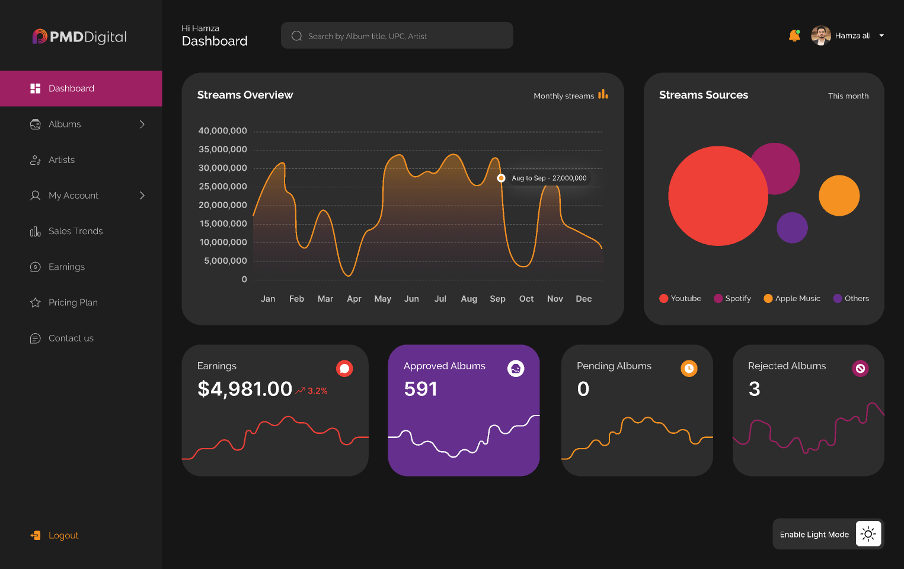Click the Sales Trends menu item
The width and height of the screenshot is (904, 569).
(75, 231)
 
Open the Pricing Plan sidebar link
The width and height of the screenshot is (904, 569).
(72, 302)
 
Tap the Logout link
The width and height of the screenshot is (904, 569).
(63, 535)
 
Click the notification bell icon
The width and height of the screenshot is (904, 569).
(794, 36)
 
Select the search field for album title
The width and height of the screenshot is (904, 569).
(397, 36)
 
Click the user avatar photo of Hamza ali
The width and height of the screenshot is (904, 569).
(820, 36)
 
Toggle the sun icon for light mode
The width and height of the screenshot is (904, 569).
(868, 534)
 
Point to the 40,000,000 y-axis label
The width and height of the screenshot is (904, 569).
(222, 130)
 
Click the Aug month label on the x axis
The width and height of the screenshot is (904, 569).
(469, 299)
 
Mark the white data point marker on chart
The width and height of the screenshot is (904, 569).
(501, 178)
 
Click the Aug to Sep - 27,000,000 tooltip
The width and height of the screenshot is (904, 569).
(549, 178)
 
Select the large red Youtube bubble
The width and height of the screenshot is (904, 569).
(717, 196)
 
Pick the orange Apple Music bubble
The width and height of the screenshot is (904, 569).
(839, 196)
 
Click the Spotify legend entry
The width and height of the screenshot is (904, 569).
(733, 298)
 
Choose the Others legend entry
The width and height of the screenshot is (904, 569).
(851, 298)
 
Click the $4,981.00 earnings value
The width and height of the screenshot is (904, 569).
(244, 389)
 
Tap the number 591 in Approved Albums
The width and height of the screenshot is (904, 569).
(420, 389)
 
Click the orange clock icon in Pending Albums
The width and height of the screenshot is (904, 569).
(689, 368)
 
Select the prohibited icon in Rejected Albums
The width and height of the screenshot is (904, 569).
(860, 368)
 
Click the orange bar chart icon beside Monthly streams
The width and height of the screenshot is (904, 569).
(603, 94)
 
